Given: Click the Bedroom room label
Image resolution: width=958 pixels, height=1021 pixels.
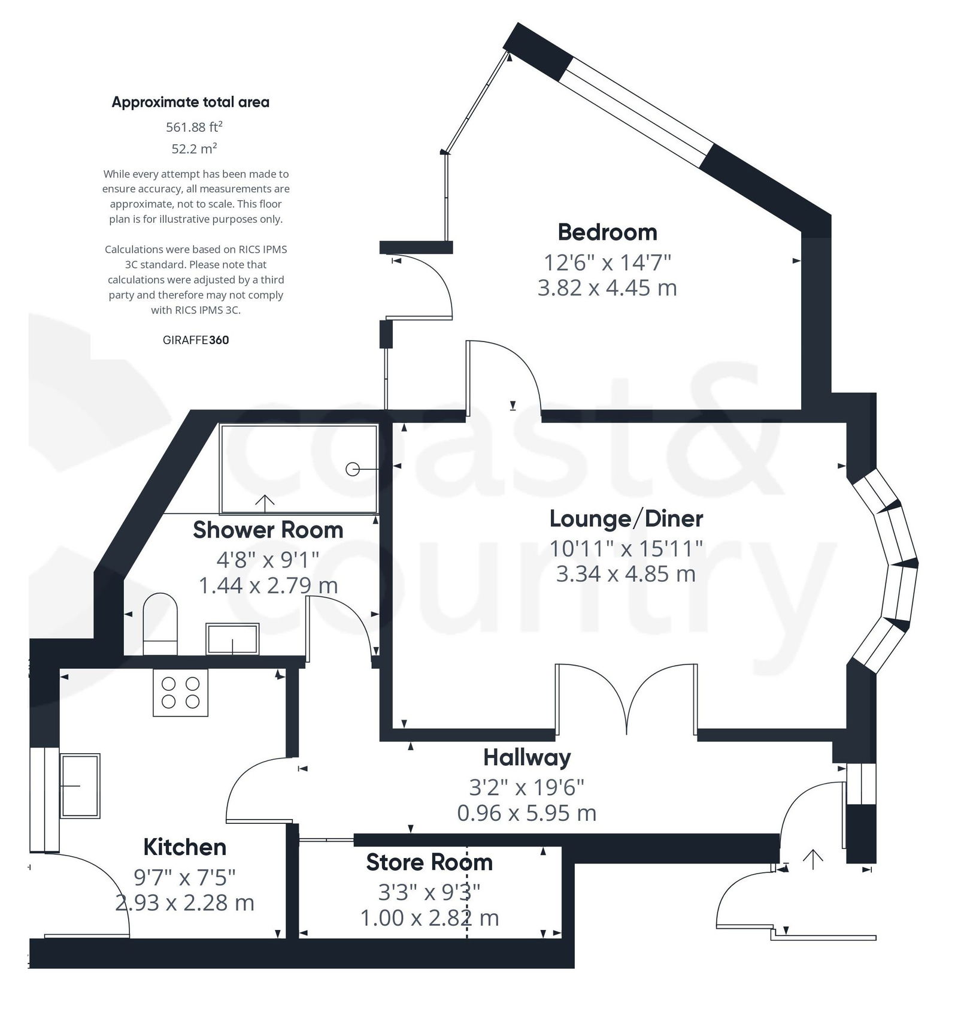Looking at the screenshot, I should click(607, 232).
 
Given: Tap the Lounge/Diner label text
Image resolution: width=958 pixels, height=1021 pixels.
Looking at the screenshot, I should click(626, 519).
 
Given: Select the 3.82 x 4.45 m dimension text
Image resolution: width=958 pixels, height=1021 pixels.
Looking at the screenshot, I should click(607, 288).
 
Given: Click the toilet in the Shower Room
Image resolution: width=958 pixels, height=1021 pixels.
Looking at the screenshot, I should click(160, 623).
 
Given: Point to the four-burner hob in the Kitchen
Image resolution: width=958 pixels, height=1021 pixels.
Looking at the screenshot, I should click(180, 692).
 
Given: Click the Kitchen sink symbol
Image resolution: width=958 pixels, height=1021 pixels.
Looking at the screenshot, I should click(80, 786).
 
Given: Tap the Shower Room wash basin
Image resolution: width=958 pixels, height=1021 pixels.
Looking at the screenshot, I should click(232, 639).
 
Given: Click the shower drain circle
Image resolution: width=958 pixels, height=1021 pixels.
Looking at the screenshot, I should click(353, 470).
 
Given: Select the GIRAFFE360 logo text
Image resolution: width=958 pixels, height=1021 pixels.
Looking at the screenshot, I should click(195, 340).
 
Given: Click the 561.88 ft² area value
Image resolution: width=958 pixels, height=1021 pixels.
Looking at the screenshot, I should click(194, 127).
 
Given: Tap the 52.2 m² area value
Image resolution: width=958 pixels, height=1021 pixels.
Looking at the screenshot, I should click(194, 149).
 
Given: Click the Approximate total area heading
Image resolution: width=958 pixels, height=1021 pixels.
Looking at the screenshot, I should click(190, 102).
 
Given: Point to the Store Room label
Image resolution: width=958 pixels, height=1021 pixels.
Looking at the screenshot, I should click(429, 863).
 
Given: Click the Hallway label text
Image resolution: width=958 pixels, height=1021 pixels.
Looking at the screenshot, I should click(527, 758).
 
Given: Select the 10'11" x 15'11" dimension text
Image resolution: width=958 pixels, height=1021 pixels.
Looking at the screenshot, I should click(626, 548).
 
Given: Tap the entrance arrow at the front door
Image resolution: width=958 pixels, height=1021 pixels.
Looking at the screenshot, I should click(813, 859).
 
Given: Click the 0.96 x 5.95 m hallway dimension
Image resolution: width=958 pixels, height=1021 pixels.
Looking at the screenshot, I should click(527, 814).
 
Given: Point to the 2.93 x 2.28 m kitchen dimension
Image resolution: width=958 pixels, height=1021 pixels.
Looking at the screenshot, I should click(184, 903).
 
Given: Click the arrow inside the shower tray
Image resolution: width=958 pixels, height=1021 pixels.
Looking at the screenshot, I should click(265, 502).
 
